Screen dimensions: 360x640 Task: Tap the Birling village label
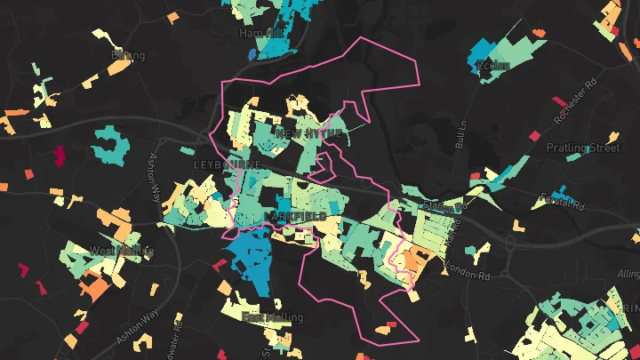[128, 56]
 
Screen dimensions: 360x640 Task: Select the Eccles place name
[492, 65]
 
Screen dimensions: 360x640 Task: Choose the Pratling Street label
[582, 148]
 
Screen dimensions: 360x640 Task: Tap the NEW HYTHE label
[308, 133]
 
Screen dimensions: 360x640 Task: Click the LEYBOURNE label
[228, 165]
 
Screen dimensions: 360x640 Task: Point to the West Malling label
[122, 252]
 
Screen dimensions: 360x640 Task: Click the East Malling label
[272, 317]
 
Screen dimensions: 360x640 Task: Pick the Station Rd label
[444, 205]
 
